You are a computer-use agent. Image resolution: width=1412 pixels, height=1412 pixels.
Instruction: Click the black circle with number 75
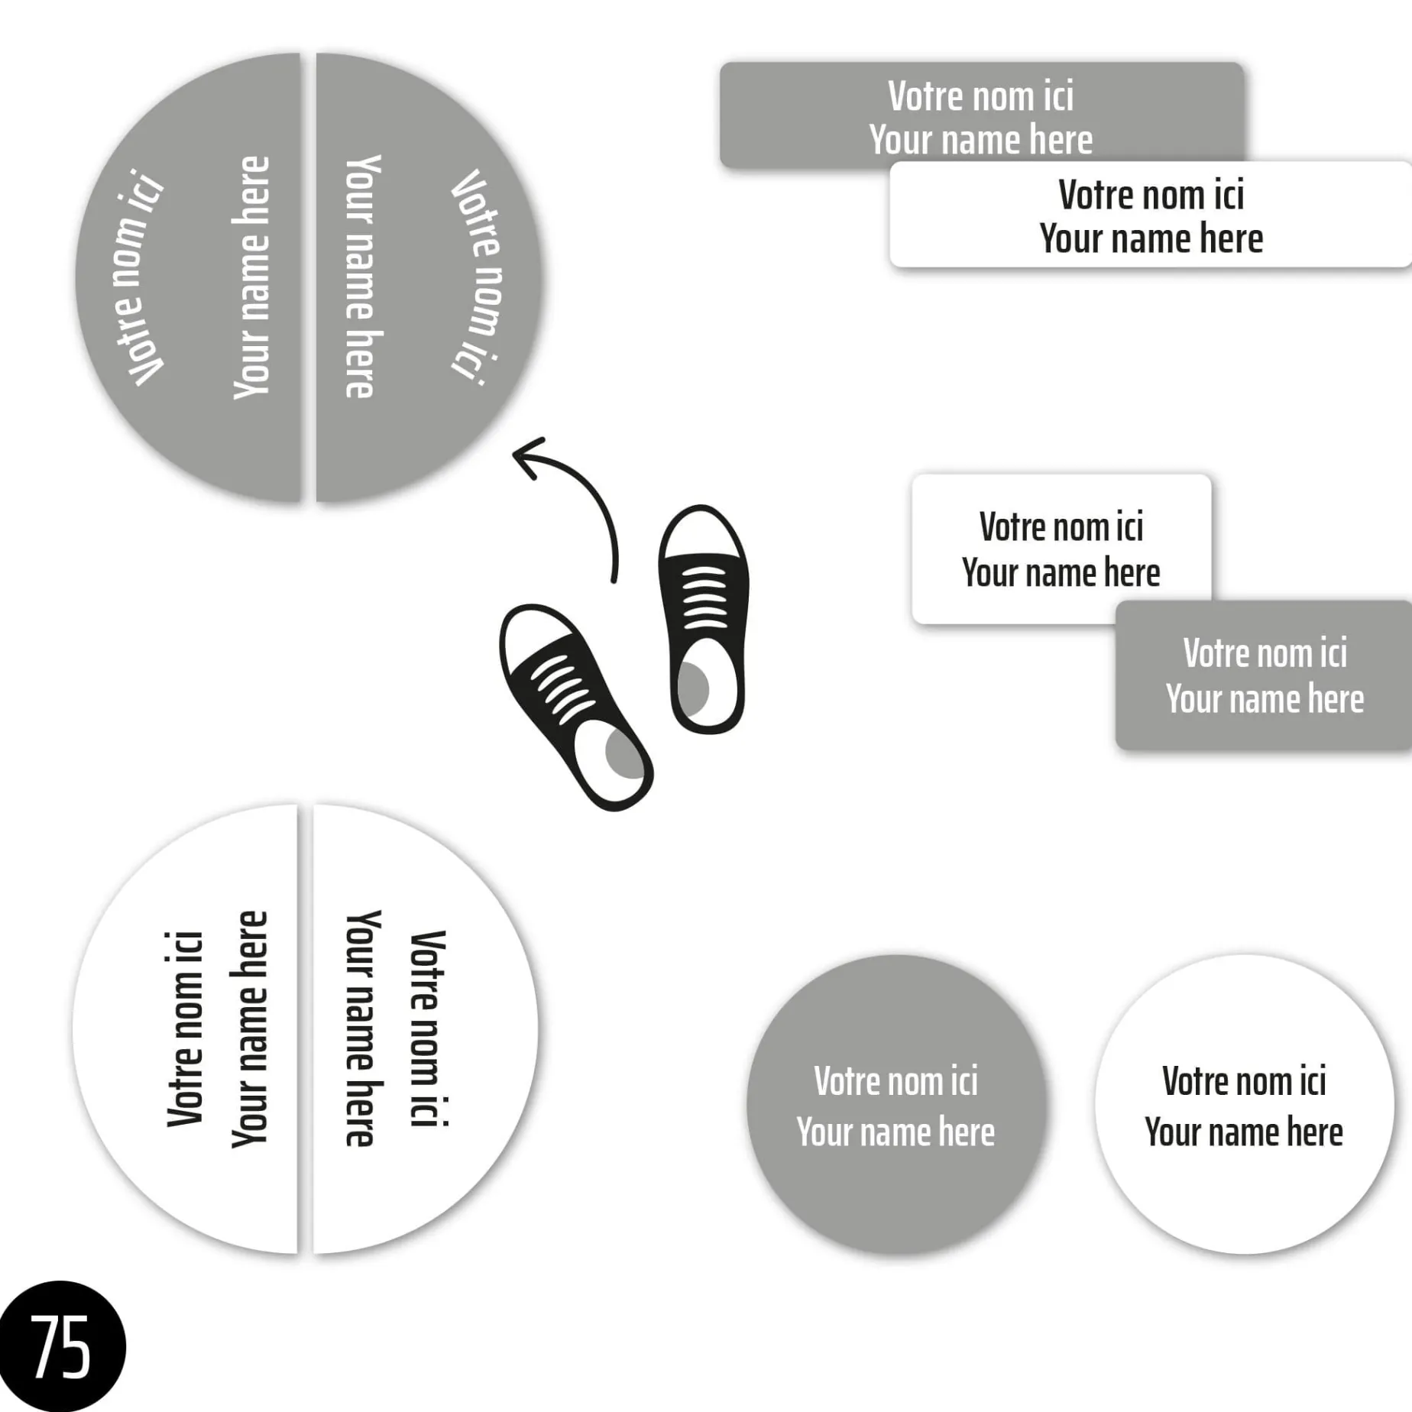coord(61,1346)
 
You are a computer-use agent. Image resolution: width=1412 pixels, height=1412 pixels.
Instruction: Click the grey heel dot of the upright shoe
coord(693,688)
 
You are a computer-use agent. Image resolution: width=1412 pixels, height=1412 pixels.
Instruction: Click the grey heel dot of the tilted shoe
coord(623,753)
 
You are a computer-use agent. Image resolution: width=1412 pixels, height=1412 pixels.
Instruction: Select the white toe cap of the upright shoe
coord(701,533)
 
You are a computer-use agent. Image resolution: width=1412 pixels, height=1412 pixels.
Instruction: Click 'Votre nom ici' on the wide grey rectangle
coord(980,96)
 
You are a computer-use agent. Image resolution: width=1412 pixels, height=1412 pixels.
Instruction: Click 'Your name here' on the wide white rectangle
coord(1151,238)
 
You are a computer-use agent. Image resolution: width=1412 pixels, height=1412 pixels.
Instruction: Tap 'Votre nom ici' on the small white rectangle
coord(1061,527)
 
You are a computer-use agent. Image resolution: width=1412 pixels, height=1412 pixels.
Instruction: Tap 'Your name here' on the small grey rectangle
coord(1265,699)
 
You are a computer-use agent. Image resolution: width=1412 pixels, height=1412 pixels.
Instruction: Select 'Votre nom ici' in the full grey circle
coord(895,1081)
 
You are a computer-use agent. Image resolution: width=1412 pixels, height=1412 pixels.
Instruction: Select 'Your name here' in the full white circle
coord(1243,1132)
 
